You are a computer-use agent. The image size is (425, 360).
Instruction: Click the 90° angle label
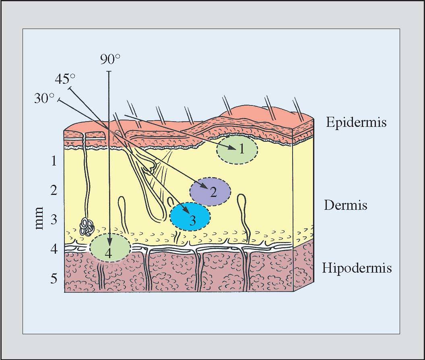coord(110,59)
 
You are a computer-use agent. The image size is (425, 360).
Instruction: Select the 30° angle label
coord(45,98)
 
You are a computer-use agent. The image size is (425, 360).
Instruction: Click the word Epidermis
coord(356,122)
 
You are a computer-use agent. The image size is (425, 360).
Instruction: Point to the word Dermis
coord(346,205)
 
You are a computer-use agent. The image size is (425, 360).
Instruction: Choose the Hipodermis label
coord(357,268)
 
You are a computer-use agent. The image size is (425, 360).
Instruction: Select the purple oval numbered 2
coord(210,192)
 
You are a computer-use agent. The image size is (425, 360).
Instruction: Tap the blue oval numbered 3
coord(190,217)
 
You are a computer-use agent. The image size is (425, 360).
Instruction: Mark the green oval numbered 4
coord(110,247)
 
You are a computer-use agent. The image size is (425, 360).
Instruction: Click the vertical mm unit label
coord(39,218)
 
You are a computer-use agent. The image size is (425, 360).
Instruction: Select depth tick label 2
coord(54,190)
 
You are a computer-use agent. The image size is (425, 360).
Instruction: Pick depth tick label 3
coord(54,219)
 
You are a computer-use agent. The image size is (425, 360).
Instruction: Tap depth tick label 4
coord(54,249)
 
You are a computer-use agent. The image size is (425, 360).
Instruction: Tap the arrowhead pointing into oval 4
coord(109,241)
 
